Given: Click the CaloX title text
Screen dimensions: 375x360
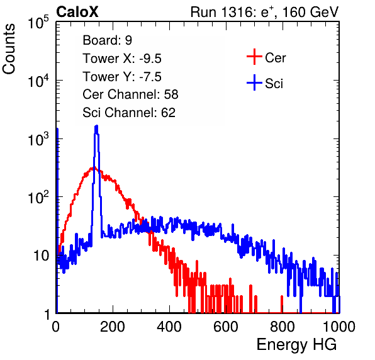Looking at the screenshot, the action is [x=77, y=12].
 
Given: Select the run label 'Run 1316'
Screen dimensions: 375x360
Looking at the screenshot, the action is [x=221, y=12].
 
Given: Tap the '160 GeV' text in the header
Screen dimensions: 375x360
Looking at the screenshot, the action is [x=311, y=12].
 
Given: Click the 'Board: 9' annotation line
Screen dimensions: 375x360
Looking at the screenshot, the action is [x=107, y=40].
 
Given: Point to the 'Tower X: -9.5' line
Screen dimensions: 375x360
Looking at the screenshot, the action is [x=122, y=59].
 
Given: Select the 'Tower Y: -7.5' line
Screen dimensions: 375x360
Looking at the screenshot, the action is [x=122, y=77].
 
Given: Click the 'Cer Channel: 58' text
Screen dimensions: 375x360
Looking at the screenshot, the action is [x=130, y=94].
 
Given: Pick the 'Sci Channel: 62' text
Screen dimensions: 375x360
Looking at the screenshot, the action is [x=129, y=113].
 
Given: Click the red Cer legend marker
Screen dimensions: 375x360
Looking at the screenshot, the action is [x=254, y=57].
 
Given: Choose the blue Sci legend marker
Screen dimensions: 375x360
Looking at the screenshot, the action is [x=254, y=83].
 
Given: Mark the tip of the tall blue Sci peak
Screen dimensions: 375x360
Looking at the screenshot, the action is [x=96, y=126].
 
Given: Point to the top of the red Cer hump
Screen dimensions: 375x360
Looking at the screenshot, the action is [x=93, y=167].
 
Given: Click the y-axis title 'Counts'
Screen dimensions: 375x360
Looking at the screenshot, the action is [x=9, y=49].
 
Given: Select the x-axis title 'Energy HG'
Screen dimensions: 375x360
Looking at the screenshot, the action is [x=296, y=345].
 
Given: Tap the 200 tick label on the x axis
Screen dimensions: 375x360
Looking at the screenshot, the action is [x=113, y=327].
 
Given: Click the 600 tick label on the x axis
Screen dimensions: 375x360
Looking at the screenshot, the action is [x=226, y=327].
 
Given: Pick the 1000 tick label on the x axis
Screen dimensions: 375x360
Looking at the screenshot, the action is [x=339, y=327].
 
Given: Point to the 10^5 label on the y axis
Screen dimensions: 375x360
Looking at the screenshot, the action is [x=38, y=22].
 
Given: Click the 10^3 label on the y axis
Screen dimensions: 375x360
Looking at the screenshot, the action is [x=38, y=139].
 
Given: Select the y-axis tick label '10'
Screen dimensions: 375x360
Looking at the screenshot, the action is [x=42, y=256].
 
